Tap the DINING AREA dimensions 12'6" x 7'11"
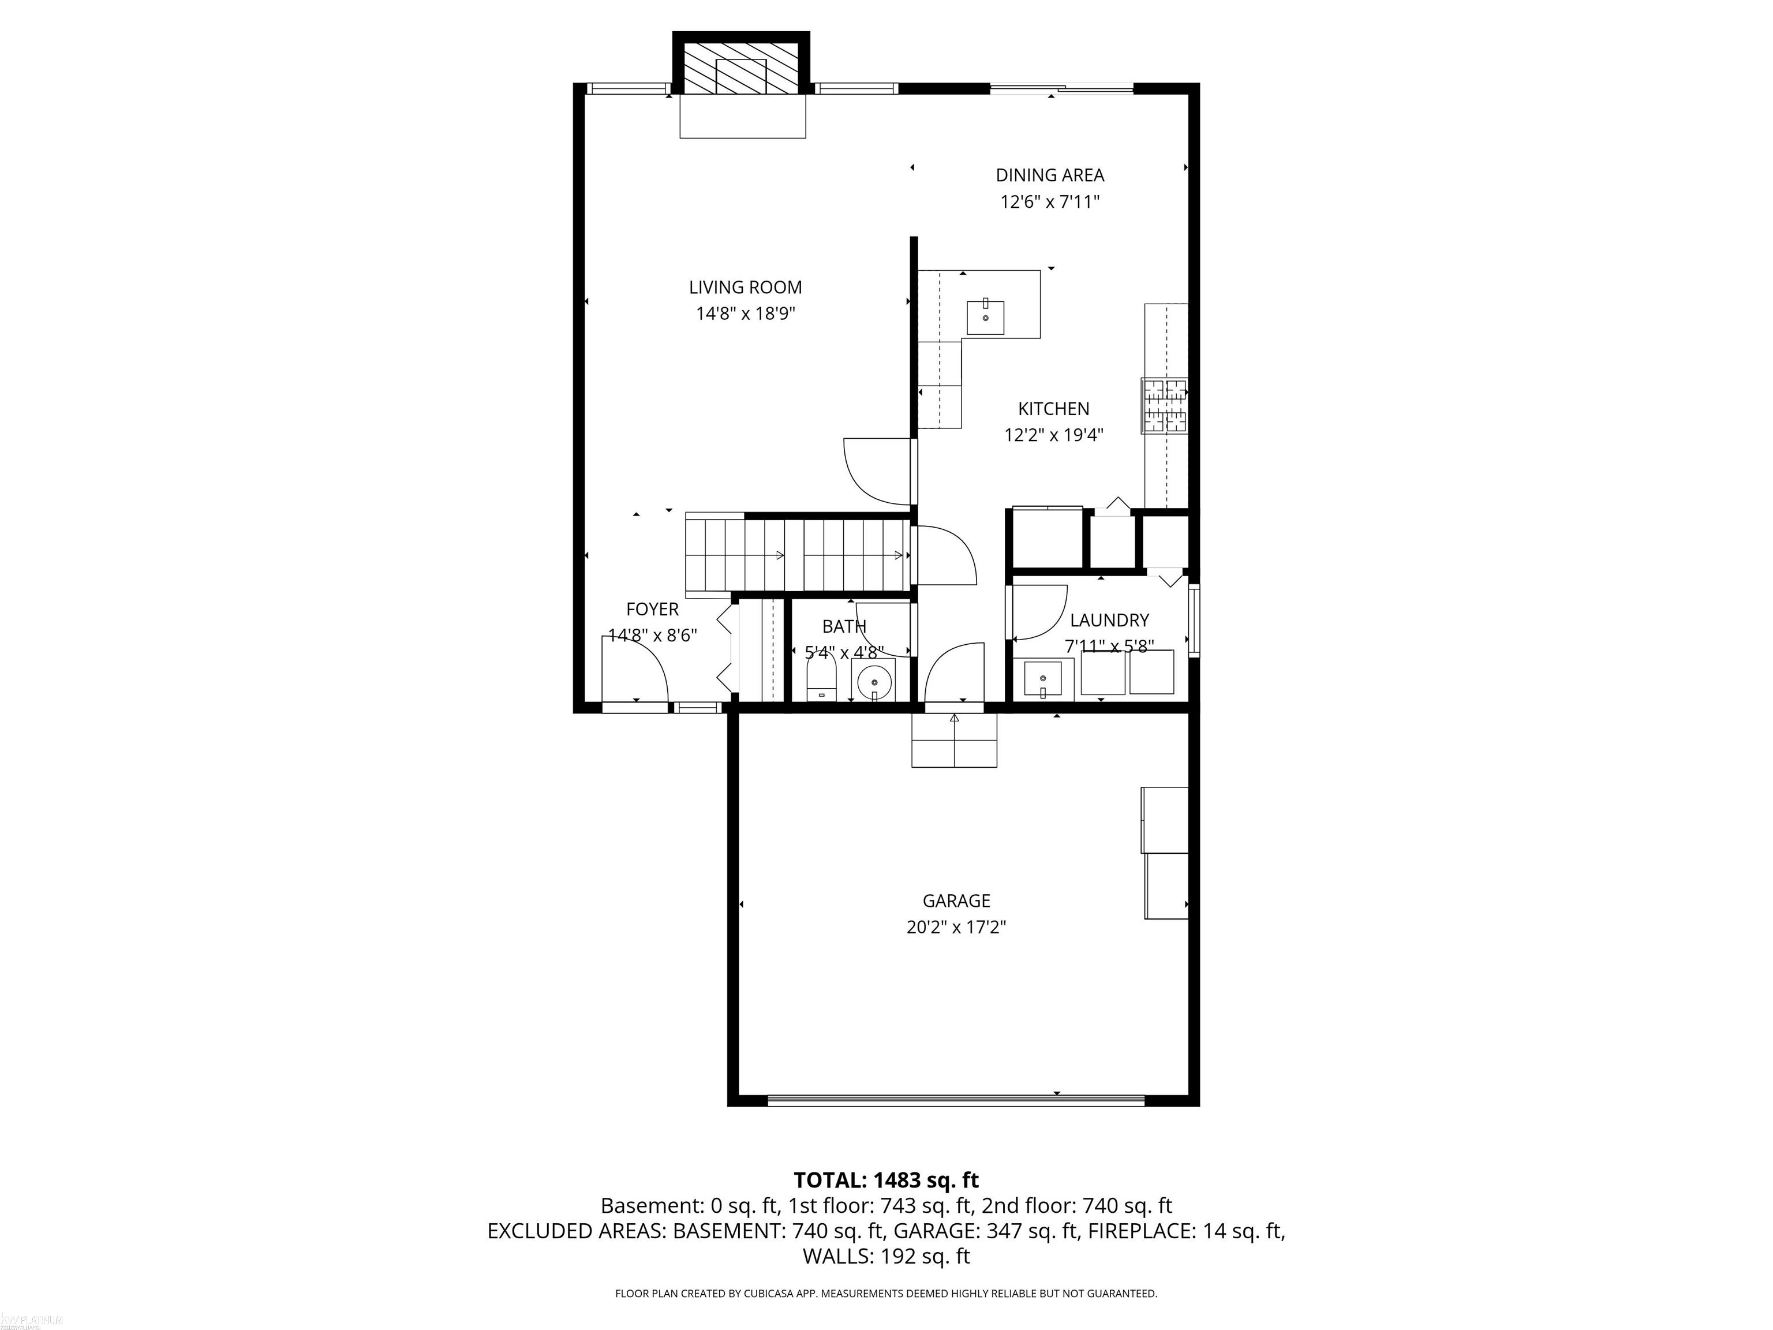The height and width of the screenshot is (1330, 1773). pyautogui.click(x=1049, y=202)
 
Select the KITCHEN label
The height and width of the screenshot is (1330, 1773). pyautogui.click(x=1053, y=409)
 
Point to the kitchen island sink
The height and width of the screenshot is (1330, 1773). pyautogui.click(x=985, y=317)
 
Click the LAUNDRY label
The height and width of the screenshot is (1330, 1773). pyautogui.click(x=1109, y=620)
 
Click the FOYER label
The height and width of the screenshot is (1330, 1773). pyautogui.click(x=652, y=609)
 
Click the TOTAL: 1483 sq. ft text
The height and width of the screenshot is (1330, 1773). pyautogui.click(x=886, y=1180)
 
